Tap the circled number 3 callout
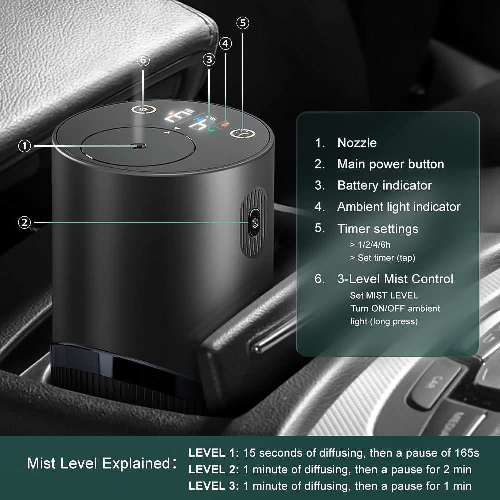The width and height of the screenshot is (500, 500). pyautogui.click(x=209, y=60)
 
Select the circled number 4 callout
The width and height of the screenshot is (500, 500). pyautogui.click(x=226, y=44)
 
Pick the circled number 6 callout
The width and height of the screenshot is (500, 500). pyautogui.click(x=143, y=60)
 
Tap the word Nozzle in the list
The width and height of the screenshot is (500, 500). pyautogui.click(x=357, y=143)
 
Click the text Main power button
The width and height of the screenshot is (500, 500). pyautogui.click(x=390, y=164)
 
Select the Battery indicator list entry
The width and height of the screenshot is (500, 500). pyautogui.click(x=384, y=185)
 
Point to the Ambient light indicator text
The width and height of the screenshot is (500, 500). pyautogui.click(x=399, y=207)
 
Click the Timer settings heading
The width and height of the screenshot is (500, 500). pyautogui.click(x=378, y=229)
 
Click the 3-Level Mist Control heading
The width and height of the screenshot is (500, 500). pyautogui.click(x=395, y=279)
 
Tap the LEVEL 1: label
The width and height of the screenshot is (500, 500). pyautogui.click(x=213, y=453)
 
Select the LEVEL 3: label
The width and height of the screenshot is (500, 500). pyautogui.click(x=213, y=485)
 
